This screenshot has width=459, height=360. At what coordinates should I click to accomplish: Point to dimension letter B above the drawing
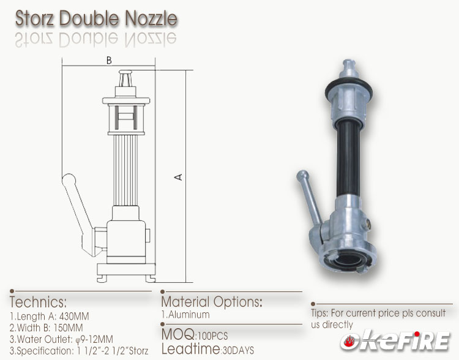click(x=108, y=60)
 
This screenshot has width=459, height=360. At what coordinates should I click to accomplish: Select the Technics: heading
click(x=39, y=302)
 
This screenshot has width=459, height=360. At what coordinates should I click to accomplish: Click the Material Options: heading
click(x=212, y=302)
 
